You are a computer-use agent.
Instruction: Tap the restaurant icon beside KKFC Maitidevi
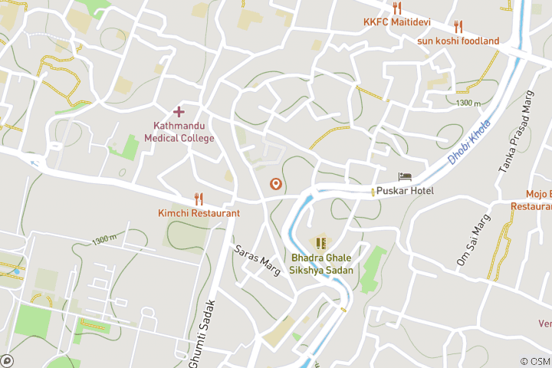tap(396, 8)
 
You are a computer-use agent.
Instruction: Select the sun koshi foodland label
tap(458, 41)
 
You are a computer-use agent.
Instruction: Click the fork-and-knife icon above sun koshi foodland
tap(458, 27)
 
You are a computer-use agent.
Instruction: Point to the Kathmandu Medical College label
tap(179, 132)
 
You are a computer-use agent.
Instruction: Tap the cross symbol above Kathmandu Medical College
tap(179, 113)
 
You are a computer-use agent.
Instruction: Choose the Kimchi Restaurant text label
tap(199, 212)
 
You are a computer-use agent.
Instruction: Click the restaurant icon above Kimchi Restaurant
tap(199, 199)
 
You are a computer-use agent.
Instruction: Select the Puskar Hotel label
tap(405, 191)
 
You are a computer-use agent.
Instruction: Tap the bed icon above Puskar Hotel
tap(405, 177)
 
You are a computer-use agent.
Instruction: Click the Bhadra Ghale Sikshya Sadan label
tap(322, 264)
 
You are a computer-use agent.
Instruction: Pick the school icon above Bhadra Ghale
tap(322, 245)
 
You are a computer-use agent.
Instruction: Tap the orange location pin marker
tap(275, 184)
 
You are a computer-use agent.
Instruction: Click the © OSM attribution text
tap(534, 361)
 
